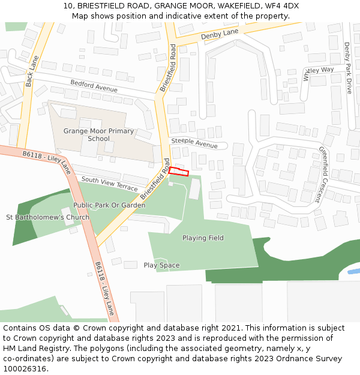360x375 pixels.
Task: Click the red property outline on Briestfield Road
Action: pos(179,172)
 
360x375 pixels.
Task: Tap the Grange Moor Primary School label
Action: pos(98,134)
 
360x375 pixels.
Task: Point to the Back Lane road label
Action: pos(32,71)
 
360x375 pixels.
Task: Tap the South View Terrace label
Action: pos(109,184)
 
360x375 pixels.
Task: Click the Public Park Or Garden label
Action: pos(109,205)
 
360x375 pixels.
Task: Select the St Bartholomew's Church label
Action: pos(47,217)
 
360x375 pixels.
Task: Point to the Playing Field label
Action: pos(203,238)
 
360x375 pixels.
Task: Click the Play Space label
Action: pos(161,265)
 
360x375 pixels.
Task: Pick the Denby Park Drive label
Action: pos(348,68)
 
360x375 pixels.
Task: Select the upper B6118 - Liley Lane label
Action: pos(47,162)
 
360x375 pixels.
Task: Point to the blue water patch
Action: pos(353,271)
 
